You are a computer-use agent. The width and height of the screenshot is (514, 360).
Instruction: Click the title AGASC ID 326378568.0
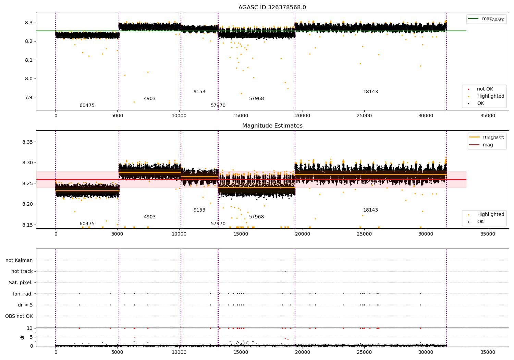[272, 7]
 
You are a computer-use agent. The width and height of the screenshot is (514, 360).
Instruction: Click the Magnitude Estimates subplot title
[272, 125]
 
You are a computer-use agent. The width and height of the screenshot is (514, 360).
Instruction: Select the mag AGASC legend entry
[486, 19]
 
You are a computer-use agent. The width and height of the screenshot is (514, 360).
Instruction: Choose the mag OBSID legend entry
[487, 137]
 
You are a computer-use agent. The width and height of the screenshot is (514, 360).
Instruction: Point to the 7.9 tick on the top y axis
[29, 97]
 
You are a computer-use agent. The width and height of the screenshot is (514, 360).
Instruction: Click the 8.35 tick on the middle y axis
[27, 142]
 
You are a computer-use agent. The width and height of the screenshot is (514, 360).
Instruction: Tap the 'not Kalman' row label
[19, 260]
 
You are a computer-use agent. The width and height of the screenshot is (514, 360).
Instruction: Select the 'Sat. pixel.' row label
[21, 283]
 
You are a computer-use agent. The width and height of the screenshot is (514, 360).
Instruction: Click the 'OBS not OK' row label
[19, 316]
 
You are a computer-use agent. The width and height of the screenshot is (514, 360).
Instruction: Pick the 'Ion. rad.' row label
[23, 293]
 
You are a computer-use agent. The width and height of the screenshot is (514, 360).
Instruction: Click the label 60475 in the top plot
[87, 105]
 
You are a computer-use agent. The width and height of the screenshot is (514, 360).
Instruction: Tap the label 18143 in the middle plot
[370, 210]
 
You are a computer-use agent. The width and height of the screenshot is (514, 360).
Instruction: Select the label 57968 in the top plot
[256, 98]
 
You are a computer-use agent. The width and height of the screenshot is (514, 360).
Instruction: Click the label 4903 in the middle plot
[150, 217]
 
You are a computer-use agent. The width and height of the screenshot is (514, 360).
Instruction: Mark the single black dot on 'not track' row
[285, 272]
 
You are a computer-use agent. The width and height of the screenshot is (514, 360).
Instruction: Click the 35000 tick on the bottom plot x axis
[488, 352]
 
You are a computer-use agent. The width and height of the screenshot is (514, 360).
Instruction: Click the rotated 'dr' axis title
[22, 337]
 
